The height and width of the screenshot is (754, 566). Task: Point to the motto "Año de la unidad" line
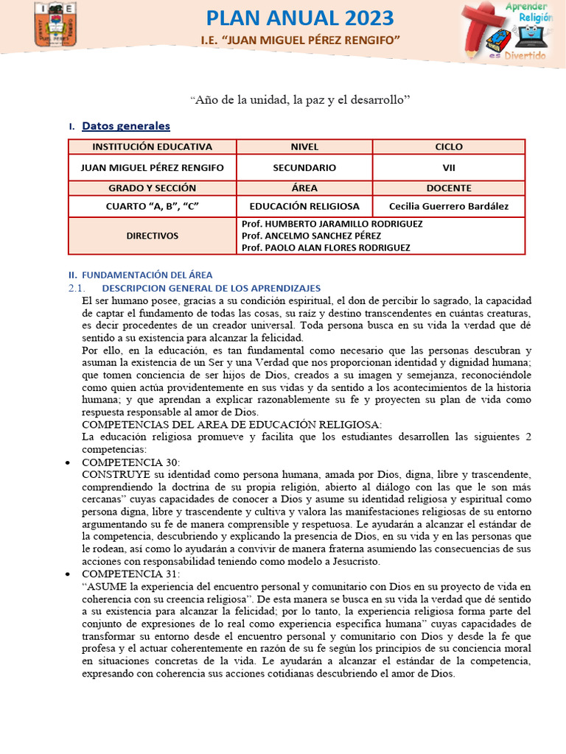(x=299, y=98)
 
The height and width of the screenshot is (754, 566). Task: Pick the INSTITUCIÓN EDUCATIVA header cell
(x=152, y=147)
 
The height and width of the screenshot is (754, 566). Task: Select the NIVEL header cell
(x=304, y=147)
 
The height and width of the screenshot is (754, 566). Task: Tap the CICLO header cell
(x=449, y=147)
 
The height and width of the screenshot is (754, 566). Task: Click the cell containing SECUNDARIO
(x=304, y=168)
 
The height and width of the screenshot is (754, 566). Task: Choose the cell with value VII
(x=449, y=168)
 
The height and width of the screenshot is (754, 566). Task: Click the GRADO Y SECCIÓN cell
(x=152, y=188)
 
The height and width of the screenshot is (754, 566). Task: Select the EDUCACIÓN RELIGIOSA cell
(x=304, y=206)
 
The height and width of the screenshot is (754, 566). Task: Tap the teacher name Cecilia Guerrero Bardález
(x=449, y=206)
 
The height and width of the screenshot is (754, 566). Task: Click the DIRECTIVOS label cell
(x=152, y=236)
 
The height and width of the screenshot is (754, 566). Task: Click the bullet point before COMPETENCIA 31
(x=68, y=574)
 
